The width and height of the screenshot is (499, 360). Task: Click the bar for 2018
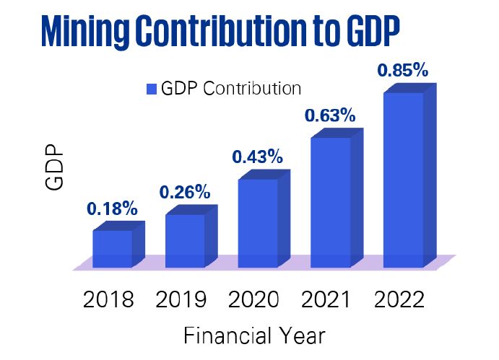[x=113, y=248]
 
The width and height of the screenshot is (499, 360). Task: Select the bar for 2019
[x=185, y=240]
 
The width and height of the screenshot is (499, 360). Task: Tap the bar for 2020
[x=258, y=222]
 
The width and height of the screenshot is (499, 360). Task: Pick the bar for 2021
[x=330, y=201]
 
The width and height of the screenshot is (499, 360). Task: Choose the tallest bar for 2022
[x=403, y=179]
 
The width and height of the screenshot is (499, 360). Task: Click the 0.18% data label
[x=112, y=209]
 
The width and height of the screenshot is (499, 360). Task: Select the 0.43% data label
[x=257, y=157]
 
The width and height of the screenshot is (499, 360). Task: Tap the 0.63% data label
[x=329, y=115]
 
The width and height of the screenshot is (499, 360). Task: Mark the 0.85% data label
[x=403, y=71]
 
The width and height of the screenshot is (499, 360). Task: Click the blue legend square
[x=152, y=89]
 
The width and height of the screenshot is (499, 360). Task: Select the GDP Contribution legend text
[x=231, y=89]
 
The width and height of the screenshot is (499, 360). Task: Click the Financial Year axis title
[x=253, y=336]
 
